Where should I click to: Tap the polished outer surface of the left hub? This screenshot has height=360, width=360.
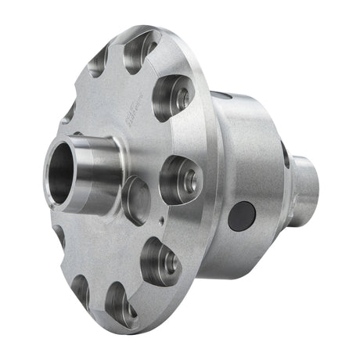click(x=98, y=168)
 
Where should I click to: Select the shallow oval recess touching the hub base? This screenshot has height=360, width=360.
click(x=135, y=199)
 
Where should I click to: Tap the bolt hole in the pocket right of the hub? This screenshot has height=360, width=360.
click(x=188, y=179)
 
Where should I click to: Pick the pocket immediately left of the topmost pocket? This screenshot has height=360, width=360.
click(x=99, y=61)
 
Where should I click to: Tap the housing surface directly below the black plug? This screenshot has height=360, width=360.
click(x=243, y=250)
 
